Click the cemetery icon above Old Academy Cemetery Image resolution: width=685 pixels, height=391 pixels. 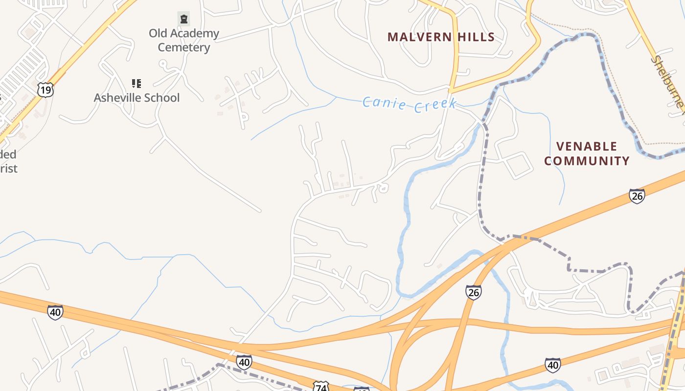point(183,19)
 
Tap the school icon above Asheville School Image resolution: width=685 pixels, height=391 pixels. point(137,84)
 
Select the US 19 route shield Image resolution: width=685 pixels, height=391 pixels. point(45,90)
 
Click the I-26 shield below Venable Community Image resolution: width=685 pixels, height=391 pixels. point(637,196)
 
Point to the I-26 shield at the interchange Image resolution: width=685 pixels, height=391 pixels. point(473,292)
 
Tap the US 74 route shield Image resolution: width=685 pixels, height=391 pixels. point(320,387)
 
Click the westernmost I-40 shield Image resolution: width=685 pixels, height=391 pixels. point(55,312)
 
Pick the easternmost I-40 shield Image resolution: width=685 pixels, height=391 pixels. point(553,365)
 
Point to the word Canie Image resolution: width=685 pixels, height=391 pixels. point(384,104)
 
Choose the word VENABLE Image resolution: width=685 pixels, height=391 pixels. point(587,146)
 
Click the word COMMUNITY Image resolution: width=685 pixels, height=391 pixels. point(587,161)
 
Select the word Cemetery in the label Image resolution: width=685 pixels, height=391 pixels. point(183,48)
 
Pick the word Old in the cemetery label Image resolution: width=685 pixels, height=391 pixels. point(158,33)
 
